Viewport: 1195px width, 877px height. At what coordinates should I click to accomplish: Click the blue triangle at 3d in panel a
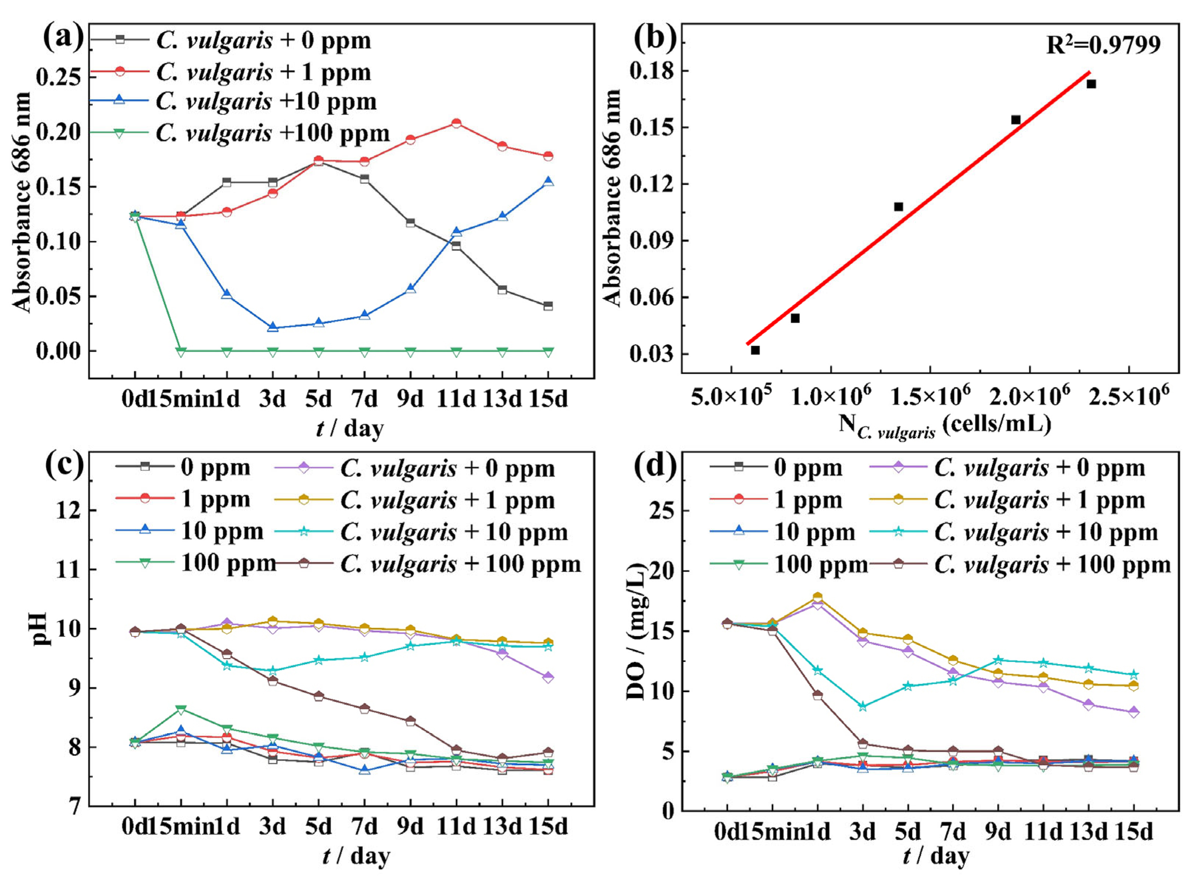click(272, 327)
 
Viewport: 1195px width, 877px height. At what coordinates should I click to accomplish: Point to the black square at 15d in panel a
click(548, 306)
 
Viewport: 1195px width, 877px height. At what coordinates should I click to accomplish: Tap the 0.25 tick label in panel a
click(58, 77)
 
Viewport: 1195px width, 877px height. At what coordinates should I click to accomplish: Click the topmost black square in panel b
click(1091, 84)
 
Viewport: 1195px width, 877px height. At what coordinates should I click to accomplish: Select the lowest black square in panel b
click(755, 350)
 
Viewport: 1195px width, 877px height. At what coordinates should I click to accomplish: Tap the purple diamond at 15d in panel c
click(548, 677)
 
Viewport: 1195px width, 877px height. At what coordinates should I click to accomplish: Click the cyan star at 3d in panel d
click(863, 706)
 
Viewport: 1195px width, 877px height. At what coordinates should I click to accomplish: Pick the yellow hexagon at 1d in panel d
click(818, 597)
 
